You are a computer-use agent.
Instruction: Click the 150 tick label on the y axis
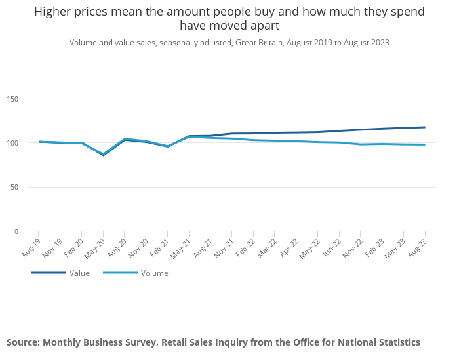tap(12, 99)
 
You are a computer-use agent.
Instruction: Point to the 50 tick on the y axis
tap(14, 187)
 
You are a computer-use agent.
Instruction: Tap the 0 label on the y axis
tap(16, 231)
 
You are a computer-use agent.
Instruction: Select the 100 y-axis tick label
tap(12, 143)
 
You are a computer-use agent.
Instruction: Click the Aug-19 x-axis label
tap(31, 248)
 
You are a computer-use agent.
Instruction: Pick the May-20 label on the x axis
tap(94, 249)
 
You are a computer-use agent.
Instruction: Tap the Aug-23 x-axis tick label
tap(418, 248)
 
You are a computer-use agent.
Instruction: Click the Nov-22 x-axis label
tap(353, 249)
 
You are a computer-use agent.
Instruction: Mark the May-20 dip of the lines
tap(103, 155)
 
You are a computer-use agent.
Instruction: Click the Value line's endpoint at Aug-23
tap(425, 127)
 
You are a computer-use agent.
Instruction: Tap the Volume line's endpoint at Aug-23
tap(425, 144)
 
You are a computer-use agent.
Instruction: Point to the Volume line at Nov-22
tap(361, 144)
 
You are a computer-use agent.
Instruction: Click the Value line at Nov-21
tap(232, 134)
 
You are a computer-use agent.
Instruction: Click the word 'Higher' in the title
tap(52, 12)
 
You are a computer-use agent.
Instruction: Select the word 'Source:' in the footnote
tap(24, 342)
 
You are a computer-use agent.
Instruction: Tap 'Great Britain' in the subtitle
tap(259, 43)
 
